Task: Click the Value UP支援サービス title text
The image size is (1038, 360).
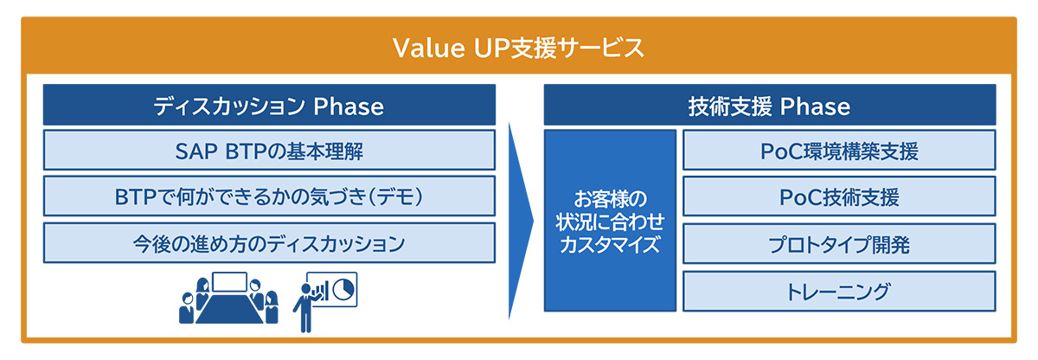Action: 518,48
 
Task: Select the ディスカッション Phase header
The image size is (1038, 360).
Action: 269,105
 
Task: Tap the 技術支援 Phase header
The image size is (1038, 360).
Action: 770,105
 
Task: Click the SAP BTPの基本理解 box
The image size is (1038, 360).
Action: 269,150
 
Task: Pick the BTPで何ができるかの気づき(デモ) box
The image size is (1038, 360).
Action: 269,196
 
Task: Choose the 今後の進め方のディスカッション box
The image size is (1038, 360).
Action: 269,243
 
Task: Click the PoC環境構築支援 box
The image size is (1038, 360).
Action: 839,150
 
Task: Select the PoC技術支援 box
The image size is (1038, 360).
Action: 839,196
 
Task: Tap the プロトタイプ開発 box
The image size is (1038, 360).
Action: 839,244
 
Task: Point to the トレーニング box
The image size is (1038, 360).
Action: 839,291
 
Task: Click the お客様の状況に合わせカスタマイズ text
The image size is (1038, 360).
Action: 610,222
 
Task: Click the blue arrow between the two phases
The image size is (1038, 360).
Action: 520,221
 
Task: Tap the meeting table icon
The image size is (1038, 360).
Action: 229,308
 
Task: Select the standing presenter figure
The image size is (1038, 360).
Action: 305,307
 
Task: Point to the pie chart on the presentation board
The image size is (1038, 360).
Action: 344,289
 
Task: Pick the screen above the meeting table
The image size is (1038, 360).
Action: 229,282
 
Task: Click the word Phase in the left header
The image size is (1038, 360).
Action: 349,106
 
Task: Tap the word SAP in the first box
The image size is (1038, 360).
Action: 196,151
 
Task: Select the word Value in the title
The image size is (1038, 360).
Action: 429,48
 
